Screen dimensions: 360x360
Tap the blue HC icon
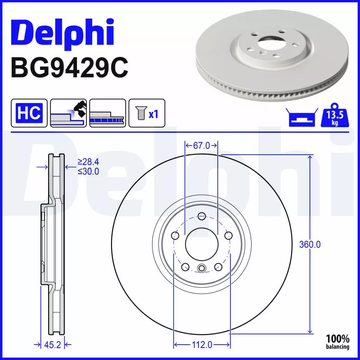point(29,112)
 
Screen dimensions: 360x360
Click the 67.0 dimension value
point(202,145)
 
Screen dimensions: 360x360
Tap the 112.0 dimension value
point(202,345)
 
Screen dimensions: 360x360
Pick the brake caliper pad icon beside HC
point(68,112)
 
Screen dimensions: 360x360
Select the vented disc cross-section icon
point(107,112)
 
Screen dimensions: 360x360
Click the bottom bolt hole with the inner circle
point(202,269)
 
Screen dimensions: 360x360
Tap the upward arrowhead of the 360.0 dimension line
point(310,157)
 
